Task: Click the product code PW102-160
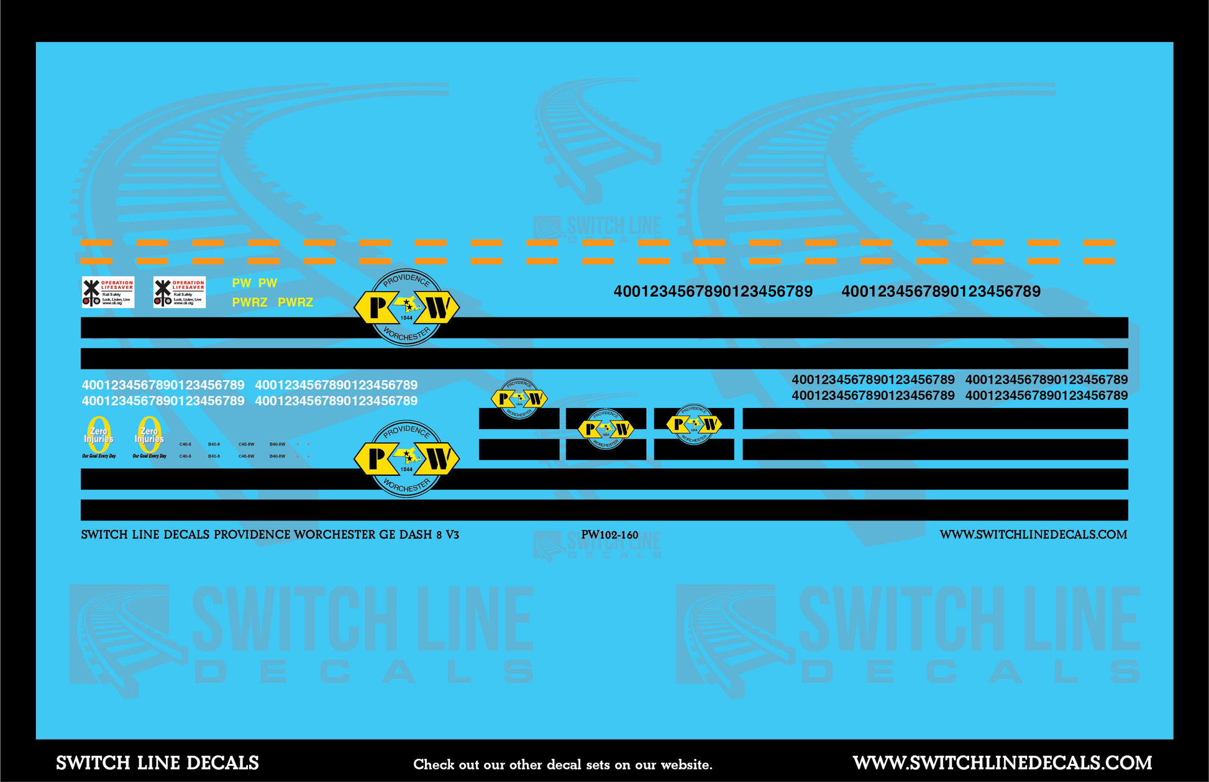coord(609,535)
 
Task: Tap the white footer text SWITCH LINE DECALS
coord(157,763)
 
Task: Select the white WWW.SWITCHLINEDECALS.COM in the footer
coord(1002,763)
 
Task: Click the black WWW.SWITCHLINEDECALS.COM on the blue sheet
coord(1033,535)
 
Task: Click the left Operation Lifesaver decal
coord(108,293)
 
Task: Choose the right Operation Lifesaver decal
coord(180,293)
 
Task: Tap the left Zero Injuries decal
coord(99,437)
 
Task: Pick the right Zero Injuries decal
coord(149,437)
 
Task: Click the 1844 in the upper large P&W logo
coord(406,318)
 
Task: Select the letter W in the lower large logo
coord(438,460)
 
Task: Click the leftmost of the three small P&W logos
coord(519,399)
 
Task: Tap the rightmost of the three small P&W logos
coord(693,424)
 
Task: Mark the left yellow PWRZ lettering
coord(249,302)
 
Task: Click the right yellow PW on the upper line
coord(268,283)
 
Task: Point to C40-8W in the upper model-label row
coord(246,444)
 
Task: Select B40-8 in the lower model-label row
coord(214,457)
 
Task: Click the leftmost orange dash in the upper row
coord(96,243)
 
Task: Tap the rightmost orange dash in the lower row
coord(1098,261)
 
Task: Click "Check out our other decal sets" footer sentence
coord(562,765)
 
